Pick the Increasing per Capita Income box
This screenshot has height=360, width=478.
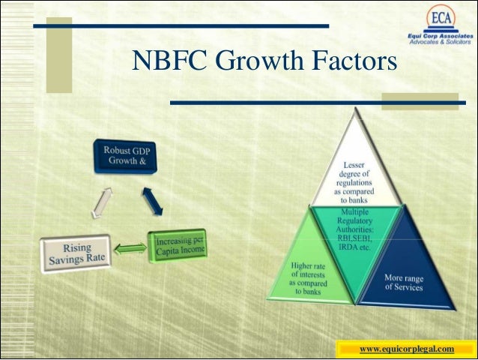click(178, 244)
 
